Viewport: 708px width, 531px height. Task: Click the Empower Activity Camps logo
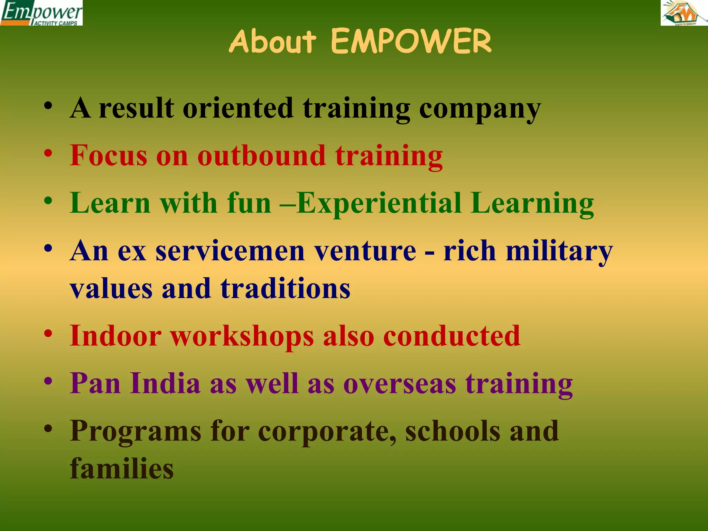tap(41, 13)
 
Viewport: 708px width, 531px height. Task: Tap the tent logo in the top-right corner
tap(684, 13)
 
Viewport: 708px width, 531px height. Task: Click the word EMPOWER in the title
tap(411, 41)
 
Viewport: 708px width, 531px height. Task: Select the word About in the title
tap(272, 41)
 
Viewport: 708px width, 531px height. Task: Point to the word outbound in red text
tap(261, 156)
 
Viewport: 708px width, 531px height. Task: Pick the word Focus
tap(108, 156)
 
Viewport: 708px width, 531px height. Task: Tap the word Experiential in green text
tap(379, 203)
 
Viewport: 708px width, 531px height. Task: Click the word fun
tap(249, 203)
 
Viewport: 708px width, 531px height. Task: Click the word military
tap(559, 251)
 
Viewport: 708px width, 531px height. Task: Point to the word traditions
tap(285, 289)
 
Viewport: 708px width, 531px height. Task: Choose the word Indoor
tap(115, 336)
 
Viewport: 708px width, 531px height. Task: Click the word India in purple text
tap(165, 384)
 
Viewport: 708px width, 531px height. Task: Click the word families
tap(122, 469)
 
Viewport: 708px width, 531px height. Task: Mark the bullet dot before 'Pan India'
tap(48, 382)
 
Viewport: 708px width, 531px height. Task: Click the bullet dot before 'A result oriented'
tap(48, 105)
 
